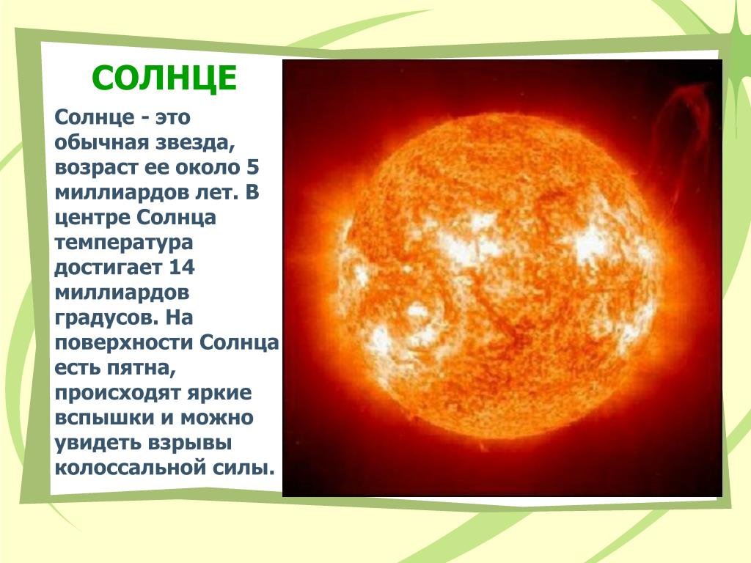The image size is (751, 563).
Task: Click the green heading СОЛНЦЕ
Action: tap(164, 78)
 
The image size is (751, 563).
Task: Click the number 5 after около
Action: tap(253, 167)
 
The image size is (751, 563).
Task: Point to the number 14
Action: tap(182, 267)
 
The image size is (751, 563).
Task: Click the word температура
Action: tap(123, 243)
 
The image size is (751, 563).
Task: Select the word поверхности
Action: tap(124, 343)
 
